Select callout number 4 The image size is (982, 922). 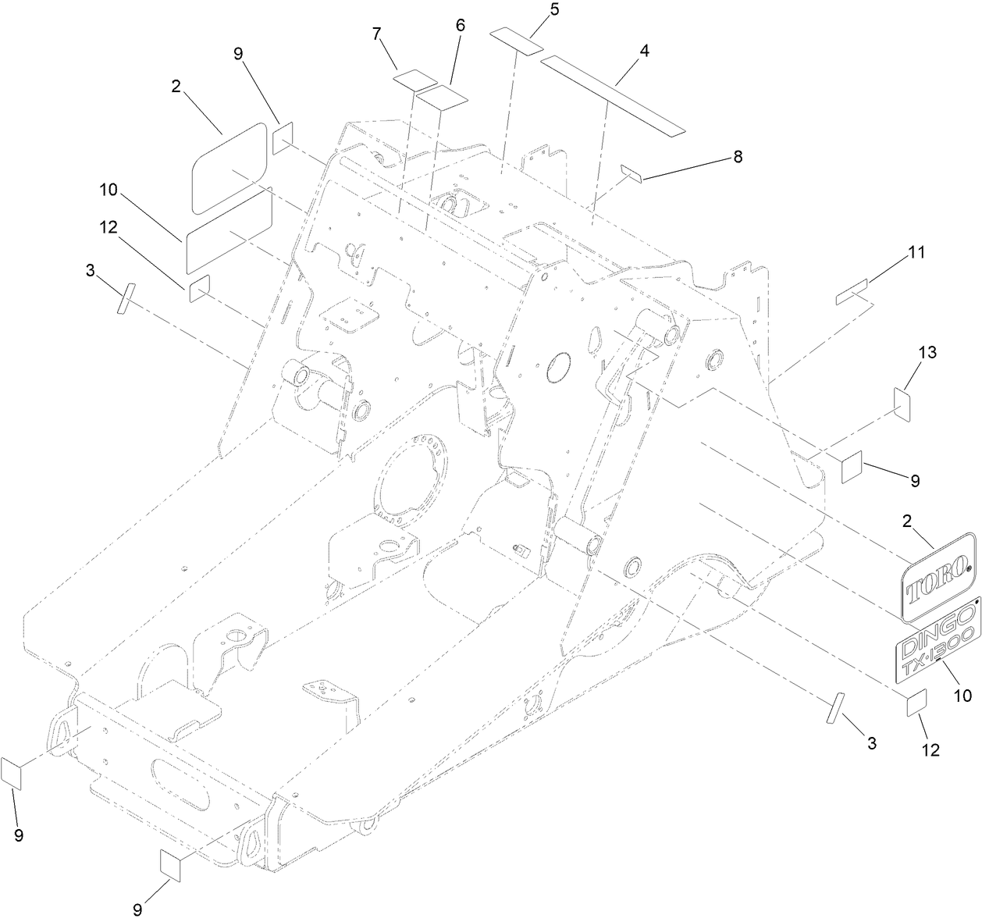pyautogui.click(x=644, y=51)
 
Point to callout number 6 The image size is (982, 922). pyautogui.click(x=460, y=25)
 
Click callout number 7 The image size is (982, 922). pyautogui.click(x=376, y=35)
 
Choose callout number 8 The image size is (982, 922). pyautogui.click(x=737, y=157)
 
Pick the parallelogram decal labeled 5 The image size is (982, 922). pyautogui.click(x=517, y=41)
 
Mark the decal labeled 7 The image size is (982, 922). pyautogui.click(x=415, y=79)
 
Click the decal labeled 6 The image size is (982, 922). pyautogui.click(x=442, y=98)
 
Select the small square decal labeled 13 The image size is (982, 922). pyautogui.click(x=903, y=403)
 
